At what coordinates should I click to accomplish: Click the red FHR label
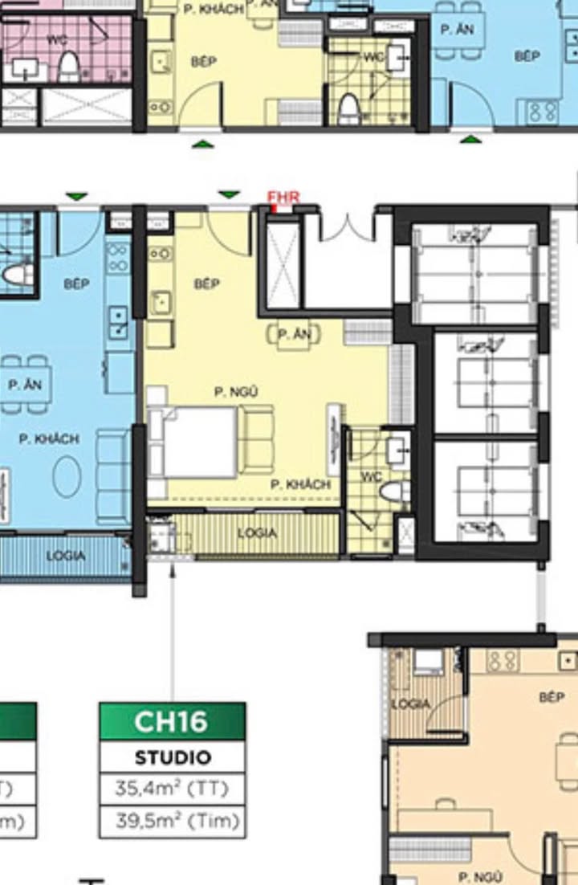click(283, 198)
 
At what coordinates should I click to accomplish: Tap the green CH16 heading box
click(172, 721)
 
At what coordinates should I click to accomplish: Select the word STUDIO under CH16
click(172, 757)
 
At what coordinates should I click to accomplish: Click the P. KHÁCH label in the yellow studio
click(300, 485)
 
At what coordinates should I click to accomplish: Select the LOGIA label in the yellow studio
click(257, 533)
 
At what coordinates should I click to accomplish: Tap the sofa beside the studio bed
click(258, 438)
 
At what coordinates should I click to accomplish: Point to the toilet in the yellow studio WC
click(393, 491)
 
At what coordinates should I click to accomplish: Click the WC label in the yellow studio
click(371, 476)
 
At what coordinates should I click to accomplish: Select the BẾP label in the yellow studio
click(207, 283)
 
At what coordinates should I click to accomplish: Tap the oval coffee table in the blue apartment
click(67, 475)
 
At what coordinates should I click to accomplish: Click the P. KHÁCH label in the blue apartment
click(50, 438)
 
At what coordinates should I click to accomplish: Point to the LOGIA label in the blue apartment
click(66, 555)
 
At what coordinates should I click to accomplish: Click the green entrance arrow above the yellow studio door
click(230, 194)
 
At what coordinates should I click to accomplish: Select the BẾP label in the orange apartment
click(552, 697)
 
